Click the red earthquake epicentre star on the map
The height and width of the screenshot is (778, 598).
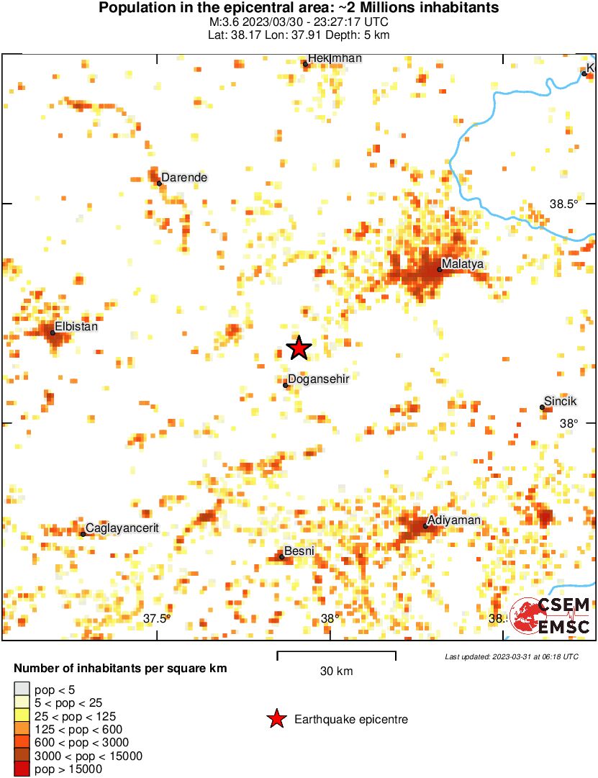(299, 348)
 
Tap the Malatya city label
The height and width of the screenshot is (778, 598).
(463, 264)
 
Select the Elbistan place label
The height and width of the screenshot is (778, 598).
(76, 326)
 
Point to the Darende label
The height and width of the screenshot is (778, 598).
(184, 177)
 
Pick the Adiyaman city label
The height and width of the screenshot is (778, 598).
(453, 520)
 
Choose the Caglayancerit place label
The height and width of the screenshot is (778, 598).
(122, 528)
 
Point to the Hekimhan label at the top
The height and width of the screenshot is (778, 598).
(335, 58)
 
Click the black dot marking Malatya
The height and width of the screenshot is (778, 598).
(439, 270)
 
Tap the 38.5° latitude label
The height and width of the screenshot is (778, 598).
(564, 204)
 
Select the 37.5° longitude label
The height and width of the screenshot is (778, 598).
(156, 618)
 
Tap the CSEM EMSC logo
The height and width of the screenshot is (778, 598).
(551, 616)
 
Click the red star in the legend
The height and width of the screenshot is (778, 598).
(276, 719)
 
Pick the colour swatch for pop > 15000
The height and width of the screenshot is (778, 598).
(22, 769)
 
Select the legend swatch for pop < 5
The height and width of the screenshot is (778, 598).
(22, 689)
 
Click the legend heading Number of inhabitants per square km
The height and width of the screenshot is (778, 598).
(120, 669)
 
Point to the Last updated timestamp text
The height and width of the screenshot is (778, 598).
(511, 656)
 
